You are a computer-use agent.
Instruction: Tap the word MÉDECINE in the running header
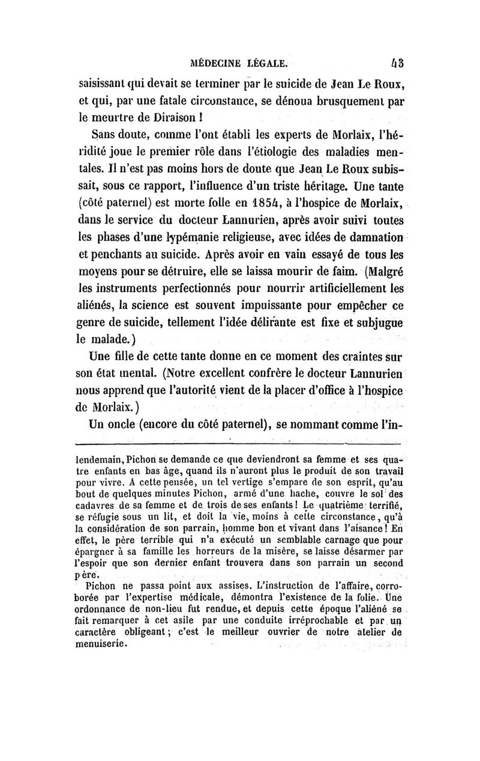coord(214,61)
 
